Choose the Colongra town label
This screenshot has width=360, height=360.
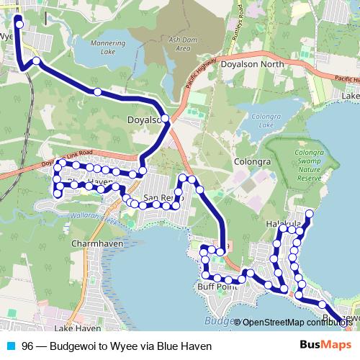pyautogui.click(x=252, y=162)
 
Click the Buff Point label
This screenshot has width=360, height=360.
pyautogui.click(x=217, y=287)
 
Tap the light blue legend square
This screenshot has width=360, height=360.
pyautogui.click(x=9, y=346)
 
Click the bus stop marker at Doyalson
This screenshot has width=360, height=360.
pyautogui.click(x=165, y=118)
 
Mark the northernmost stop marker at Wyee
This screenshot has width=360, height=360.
pyautogui.click(x=19, y=24)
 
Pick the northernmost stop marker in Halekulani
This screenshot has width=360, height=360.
pyautogui.click(x=310, y=213)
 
